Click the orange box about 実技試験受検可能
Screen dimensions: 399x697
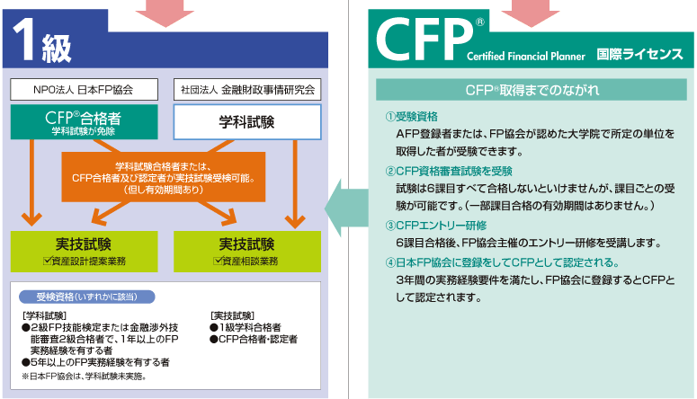164,177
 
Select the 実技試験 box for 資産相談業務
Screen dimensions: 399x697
246,251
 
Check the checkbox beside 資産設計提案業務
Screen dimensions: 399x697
48,260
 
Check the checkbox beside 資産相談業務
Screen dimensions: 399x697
217,260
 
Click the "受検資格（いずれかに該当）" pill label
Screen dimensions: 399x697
86,297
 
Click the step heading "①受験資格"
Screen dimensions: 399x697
412,117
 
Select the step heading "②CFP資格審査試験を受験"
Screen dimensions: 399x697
448,171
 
